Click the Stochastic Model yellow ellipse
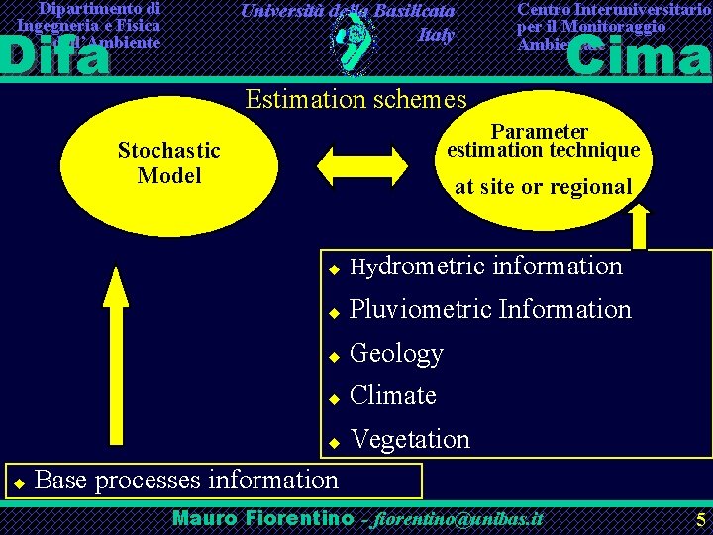pyautogui.click(x=168, y=163)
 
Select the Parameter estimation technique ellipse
pyautogui.click(x=544, y=160)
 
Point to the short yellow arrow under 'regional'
pyautogui.click(x=639, y=226)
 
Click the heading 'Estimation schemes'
pyautogui.click(x=356, y=99)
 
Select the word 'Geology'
pyautogui.click(x=396, y=353)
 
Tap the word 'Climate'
pyautogui.click(x=393, y=395)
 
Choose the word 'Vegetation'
pyautogui.click(x=410, y=438)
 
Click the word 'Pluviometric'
pyautogui.click(x=420, y=309)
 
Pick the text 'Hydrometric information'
pyautogui.click(x=486, y=266)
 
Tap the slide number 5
pyautogui.click(x=700, y=519)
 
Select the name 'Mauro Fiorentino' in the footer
pyautogui.click(x=262, y=518)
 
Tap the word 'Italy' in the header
pyautogui.click(x=436, y=35)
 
